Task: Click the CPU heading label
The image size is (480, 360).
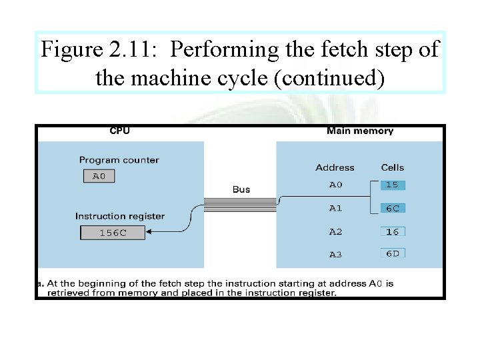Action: click(x=120, y=131)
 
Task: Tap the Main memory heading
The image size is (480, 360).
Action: click(x=360, y=131)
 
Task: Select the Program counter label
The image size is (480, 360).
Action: click(x=119, y=160)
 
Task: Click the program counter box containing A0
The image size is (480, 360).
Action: click(x=99, y=176)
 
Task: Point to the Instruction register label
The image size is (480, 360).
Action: click(x=120, y=216)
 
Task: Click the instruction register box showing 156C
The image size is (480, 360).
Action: click(x=113, y=233)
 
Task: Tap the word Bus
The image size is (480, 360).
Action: click(x=241, y=189)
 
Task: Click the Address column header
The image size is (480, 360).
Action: click(x=335, y=167)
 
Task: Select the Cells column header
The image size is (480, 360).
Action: click(x=393, y=167)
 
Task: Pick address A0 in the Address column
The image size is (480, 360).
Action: click(x=335, y=185)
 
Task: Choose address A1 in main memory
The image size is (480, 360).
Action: click(x=335, y=208)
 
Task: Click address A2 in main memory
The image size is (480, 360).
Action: click(x=335, y=231)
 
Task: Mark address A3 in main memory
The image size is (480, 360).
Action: click(x=335, y=254)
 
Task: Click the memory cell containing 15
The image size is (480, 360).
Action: click(x=393, y=185)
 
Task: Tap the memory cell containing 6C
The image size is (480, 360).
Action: click(x=393, y=208)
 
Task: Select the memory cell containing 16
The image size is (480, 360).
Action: click(x=393, y=231)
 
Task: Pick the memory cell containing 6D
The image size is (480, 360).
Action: click(x=393, y=253)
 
